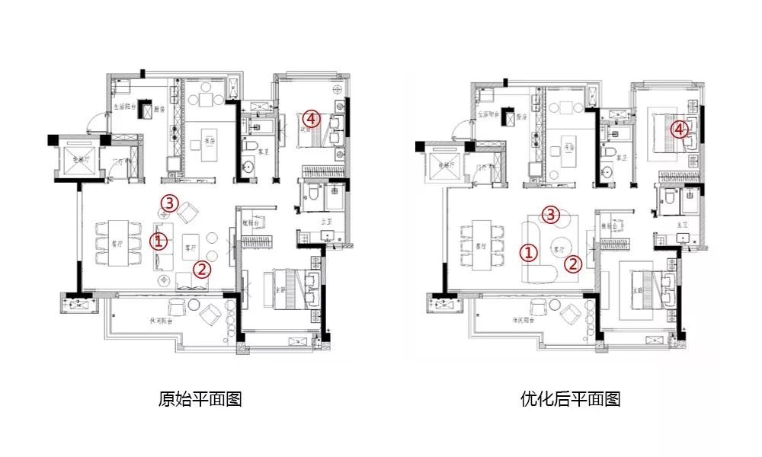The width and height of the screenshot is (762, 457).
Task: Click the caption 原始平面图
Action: (200, 398)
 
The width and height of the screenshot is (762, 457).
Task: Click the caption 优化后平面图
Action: (571, 398)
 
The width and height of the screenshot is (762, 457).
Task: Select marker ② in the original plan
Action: (201, 268)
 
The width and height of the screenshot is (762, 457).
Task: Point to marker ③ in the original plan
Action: (170, 203)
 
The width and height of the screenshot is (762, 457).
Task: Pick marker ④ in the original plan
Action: (309, 119)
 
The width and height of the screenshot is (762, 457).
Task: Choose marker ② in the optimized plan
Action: (574, 264)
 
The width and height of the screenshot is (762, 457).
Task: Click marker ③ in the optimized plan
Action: (552, 213)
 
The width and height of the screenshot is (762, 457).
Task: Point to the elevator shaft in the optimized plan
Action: (441, 164)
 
